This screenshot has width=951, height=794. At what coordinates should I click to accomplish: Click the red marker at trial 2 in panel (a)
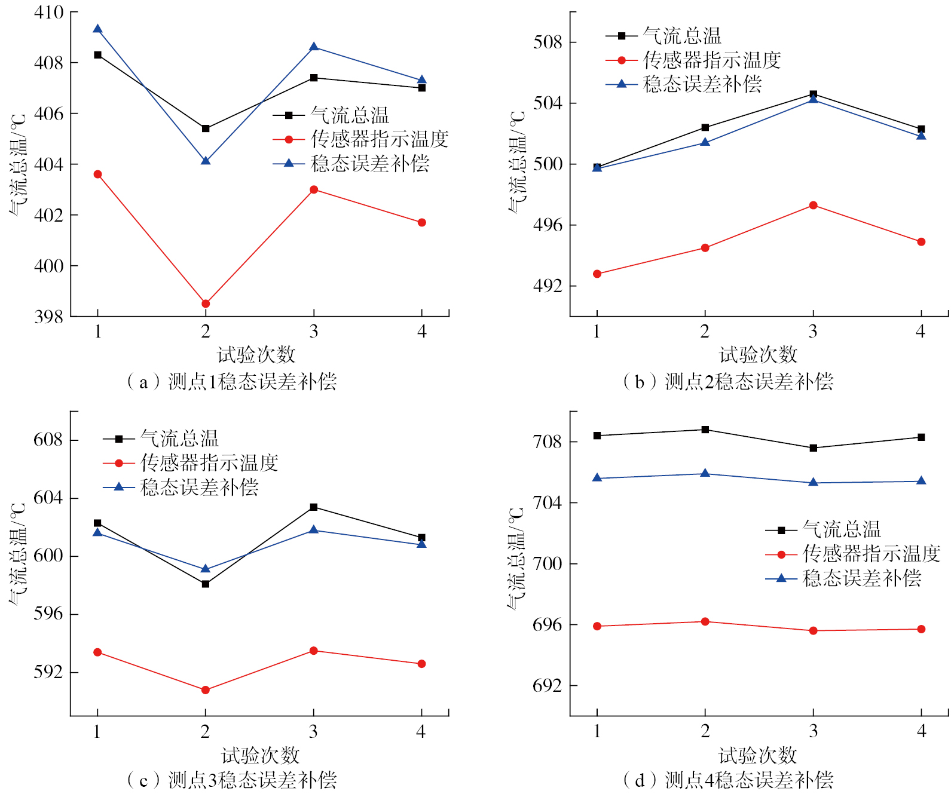point(206,304)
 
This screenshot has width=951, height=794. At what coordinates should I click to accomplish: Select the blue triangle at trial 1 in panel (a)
point(97,29)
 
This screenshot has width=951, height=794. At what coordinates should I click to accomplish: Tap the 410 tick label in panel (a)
point(48,13)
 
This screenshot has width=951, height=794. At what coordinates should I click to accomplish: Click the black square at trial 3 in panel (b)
point(813,94)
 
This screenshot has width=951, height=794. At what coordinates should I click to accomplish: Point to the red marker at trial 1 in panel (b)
point(597,274)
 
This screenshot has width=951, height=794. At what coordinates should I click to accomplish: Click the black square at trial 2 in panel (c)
point(206,584)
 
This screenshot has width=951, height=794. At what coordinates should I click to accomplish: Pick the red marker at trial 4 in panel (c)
point(421,664)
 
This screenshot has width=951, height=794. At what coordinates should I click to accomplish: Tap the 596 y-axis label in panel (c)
point(48,614)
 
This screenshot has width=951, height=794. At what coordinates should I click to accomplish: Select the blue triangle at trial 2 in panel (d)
point(705,473)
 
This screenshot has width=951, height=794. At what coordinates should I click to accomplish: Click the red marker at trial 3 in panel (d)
point(813,630)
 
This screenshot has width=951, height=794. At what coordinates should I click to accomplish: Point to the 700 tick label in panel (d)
point(548,564)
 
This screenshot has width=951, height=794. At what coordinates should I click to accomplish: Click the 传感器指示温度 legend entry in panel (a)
point(379,140)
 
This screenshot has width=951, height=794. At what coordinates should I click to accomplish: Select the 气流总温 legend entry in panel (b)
point(682,36)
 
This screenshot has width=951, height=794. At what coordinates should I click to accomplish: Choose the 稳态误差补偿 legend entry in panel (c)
point(199,488)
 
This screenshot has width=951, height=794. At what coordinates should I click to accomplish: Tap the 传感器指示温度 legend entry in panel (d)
point(871,554)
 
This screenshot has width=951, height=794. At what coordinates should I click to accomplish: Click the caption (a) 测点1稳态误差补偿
point(232,381)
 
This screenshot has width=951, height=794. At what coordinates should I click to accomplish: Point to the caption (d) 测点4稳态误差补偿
point(728,780)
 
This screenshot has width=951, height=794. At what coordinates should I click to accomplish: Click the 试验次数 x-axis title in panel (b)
point(757,355)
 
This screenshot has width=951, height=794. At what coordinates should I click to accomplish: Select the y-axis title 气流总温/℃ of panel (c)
point(18,553)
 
